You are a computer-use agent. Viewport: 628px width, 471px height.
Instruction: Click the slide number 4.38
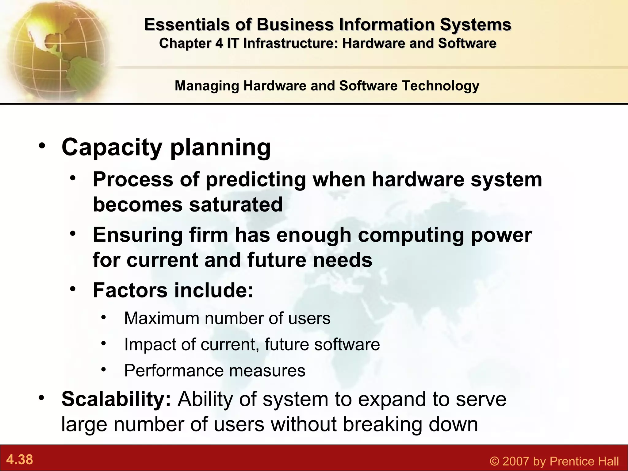(20, 460)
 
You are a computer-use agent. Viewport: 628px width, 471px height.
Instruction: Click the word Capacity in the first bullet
(112, 148)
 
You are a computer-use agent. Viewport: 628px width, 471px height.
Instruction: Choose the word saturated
(236, 205)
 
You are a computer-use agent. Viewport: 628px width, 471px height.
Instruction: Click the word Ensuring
(138, 235)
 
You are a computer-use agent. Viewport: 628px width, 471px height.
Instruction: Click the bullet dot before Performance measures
(104, 369)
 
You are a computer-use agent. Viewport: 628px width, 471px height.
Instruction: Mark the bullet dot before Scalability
(42, 398)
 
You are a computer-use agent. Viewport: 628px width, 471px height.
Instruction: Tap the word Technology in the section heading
(440, 86)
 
